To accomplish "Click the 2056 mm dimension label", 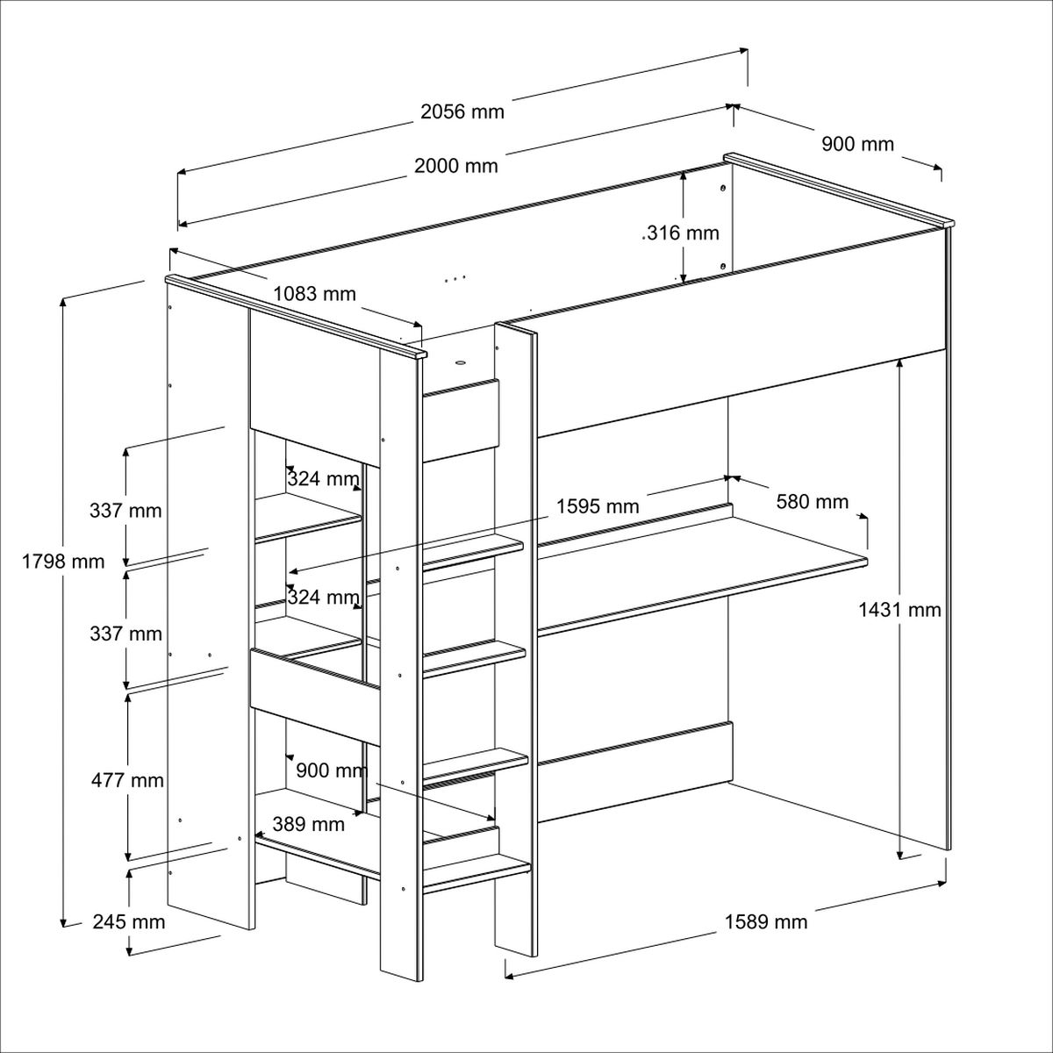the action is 462,112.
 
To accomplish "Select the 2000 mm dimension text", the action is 456,166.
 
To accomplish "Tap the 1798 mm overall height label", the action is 63,562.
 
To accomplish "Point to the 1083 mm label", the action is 314,294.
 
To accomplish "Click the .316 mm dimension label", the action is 680,233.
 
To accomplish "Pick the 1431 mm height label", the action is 899,610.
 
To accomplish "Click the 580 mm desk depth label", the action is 813,502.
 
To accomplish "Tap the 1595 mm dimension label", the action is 598,506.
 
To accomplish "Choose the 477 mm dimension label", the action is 127,780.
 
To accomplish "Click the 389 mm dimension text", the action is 309,825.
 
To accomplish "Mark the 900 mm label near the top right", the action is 858,144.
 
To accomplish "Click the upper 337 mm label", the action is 125,511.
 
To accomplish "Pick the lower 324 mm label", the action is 324,598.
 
